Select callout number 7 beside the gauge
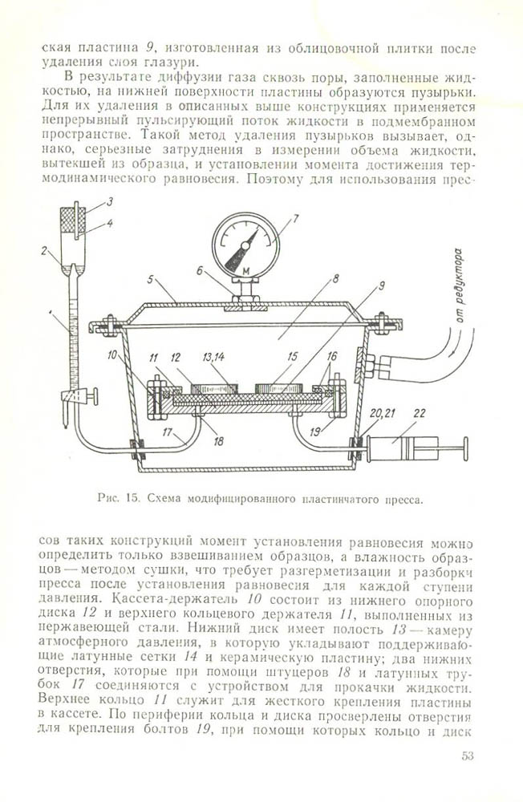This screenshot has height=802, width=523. [x=295, y=217]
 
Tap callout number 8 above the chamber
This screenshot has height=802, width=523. [x=314, y=279]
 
